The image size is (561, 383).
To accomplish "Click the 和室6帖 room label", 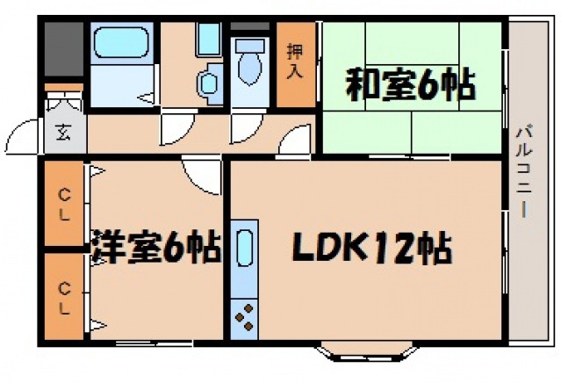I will click(x=409, y=86).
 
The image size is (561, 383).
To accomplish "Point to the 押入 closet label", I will click(x=295, y=61).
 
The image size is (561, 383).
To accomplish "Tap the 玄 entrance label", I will click(x=64, y=134).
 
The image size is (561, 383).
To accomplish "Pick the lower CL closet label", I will click(x=65, y=293).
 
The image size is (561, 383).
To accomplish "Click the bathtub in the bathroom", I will click(x=122, y=43).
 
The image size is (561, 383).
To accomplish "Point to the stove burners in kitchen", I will click(x=244, y=316).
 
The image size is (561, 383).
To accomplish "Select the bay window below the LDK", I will click(x=366, y=353).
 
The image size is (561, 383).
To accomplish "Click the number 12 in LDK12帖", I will click(x=396, y=249).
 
